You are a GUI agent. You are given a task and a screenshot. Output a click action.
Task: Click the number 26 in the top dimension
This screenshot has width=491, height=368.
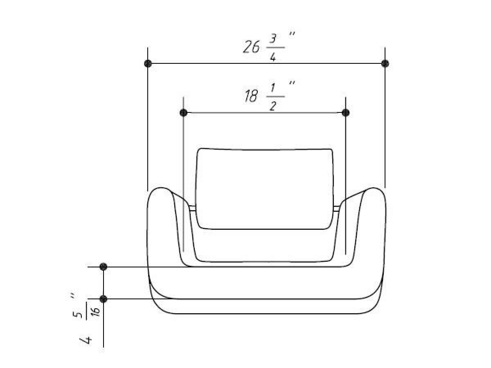click(251, 47)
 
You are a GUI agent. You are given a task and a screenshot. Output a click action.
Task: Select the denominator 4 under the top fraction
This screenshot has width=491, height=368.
click(273, 57)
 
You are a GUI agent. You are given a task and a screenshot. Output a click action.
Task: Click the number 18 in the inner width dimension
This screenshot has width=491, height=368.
click(251, 96)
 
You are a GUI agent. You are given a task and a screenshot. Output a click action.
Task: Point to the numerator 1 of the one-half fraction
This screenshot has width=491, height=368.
click(273, 88)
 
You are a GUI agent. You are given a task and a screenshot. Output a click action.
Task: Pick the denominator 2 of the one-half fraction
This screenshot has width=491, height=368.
click(273, 106)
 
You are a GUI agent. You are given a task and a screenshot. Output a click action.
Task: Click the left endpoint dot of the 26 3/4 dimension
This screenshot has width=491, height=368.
click(148, 64)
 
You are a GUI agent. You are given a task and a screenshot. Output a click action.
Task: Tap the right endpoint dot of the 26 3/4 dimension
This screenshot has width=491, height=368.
click(385, 64)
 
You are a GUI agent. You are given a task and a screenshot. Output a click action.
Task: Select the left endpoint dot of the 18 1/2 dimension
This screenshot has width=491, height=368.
click(183, 112)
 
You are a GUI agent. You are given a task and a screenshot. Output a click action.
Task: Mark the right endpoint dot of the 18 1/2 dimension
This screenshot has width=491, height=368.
click(346, 112)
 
